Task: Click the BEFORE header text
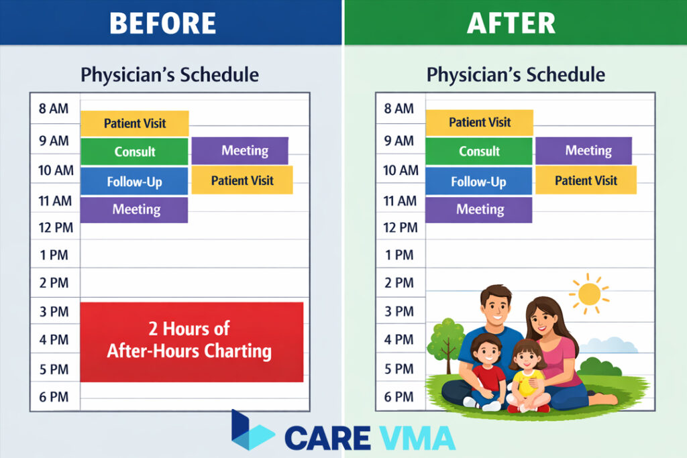click(x=163, y=23)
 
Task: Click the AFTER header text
click(x=511, y=23)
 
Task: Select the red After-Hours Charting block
click(x=191, y=341)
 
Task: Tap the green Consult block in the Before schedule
click(x=134, y=152)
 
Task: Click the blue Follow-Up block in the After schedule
click(x=478, y=181)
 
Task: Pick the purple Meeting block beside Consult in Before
click(x=240, y=151)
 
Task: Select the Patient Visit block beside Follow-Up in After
click(x=586, y=180)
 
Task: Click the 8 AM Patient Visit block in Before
click(x=134, y=123)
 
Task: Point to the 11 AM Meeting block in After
click(x=479, y=209)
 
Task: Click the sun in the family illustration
click(x=589, y=294)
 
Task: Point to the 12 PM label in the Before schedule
click(x=55, y=228)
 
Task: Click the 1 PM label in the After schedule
click(x=399, y=255)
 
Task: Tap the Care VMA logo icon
click(x=252, y=431)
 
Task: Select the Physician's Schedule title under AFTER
click(x=515, y=74)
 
